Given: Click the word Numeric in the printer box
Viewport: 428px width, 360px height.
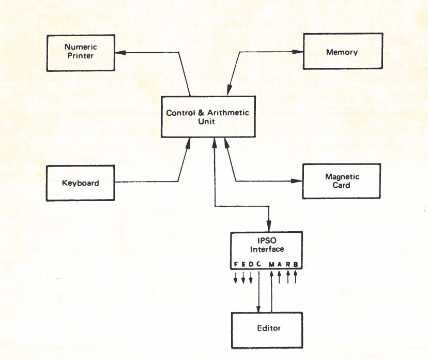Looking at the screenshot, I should click(x=81, y=47).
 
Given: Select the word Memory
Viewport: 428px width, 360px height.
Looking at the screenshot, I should click(x=342, y=52).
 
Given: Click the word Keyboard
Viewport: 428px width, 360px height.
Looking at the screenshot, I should click(x=80, y=183).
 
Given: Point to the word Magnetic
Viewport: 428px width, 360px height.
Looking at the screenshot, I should click(x=342, y=177).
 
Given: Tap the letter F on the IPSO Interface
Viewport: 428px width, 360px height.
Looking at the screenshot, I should click(x=236, y=265).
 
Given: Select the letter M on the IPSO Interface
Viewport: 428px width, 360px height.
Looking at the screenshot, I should click(x=271, y=265).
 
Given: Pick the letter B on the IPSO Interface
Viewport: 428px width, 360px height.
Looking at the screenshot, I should click(x=296, y=265).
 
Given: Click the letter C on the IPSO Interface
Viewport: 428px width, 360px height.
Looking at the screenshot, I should click(x=258, y=265).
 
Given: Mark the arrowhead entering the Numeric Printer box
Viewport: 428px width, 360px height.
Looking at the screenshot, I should click(x=118, y=52).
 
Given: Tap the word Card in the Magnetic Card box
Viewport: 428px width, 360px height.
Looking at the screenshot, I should click(x=342, y=186).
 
